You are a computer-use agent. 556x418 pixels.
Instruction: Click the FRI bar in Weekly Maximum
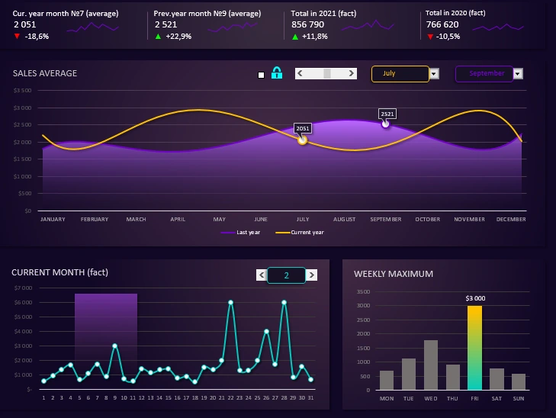tap(474, 348)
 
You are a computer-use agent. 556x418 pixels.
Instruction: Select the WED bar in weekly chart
tap(430, 365)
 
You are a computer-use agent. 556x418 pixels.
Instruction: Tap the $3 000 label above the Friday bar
tap(474, 298)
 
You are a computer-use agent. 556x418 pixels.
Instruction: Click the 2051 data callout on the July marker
tap(303, 128)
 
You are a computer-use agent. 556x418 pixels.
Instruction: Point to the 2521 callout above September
tap(387, 114)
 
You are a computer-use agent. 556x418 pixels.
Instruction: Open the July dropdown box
tap(400, 74)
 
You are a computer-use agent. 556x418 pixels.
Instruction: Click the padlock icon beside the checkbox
tap(277, 74)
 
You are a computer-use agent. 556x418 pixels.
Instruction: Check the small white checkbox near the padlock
tap(262, 75)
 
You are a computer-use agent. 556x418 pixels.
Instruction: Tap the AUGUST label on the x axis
tap(345, 220)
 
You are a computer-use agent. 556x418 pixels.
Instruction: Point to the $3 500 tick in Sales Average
tap(22, 90)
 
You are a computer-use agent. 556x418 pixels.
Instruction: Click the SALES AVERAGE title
tap(45, 73)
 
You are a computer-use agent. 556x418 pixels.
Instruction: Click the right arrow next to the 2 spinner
tap(312, 275)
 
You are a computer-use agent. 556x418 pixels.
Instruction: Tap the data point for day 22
tap(230, 302)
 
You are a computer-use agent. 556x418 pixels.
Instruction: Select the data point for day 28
tap(284, 302)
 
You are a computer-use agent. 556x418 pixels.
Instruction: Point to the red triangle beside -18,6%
tap(17, 36)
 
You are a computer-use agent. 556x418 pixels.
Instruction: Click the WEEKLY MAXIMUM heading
tap(394, 274)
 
